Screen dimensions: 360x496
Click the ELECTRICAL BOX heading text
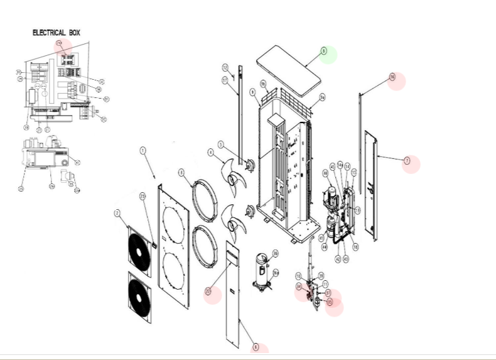[56, 33]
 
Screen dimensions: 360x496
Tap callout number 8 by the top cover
[324, 51]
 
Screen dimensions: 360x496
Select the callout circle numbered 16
[392, 77]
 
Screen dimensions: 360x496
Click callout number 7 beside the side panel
[407, 161]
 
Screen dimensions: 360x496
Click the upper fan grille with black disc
[139, 251]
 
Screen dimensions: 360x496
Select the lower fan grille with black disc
[140, 298]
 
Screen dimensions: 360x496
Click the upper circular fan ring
[205, 199]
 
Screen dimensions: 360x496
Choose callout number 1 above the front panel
[143, 151]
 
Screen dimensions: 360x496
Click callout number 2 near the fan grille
[117, 214]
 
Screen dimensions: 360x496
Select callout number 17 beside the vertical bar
[224, 80]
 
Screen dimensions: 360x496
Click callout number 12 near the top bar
[225, 67]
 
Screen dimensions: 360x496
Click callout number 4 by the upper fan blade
[211, 152]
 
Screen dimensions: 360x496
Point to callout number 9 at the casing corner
[252, 92]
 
